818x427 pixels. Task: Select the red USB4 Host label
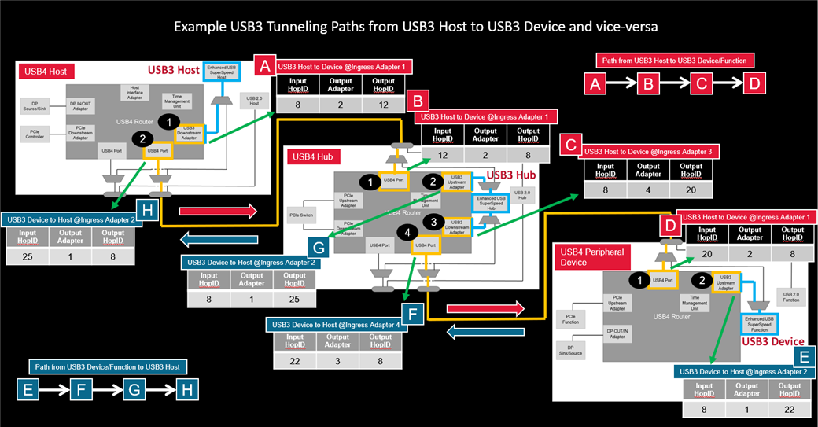47,72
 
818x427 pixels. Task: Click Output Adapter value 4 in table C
648,190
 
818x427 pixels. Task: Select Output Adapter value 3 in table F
337,360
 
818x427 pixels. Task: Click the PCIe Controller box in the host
34,133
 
